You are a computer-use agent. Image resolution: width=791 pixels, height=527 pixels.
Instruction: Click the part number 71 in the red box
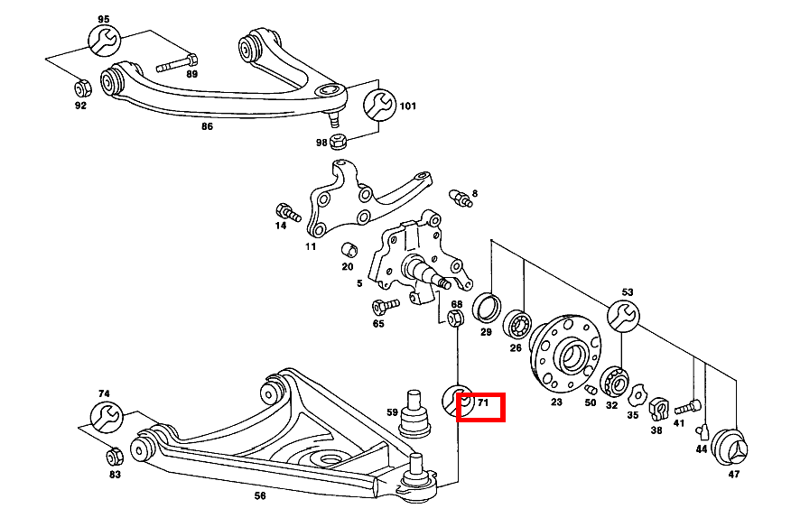pyautogui.click(x=482, y=404)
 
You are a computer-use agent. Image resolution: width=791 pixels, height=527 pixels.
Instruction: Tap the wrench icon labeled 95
pyautogui.click(x=103, y=41)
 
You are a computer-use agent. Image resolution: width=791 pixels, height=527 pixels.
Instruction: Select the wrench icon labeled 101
pyautogui.click(x=378, y=105)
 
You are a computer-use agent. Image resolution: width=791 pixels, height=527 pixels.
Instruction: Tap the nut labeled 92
pyautogui.click(x=79, y=88)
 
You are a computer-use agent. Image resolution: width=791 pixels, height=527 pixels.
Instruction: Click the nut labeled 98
pyautogui.click(x=340, y=142)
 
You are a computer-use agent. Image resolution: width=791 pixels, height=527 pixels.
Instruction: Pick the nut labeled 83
pyautogui.click(x=115, y=455)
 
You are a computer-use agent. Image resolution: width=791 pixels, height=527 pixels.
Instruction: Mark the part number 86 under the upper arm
pyautogui.click(x=207, y=127)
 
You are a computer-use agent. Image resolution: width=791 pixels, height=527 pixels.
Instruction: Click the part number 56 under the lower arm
pyautogui.click(x=260, y=495)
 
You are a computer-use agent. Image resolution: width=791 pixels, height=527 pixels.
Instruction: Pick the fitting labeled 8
pyautogui.click(x=460, y=198)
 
